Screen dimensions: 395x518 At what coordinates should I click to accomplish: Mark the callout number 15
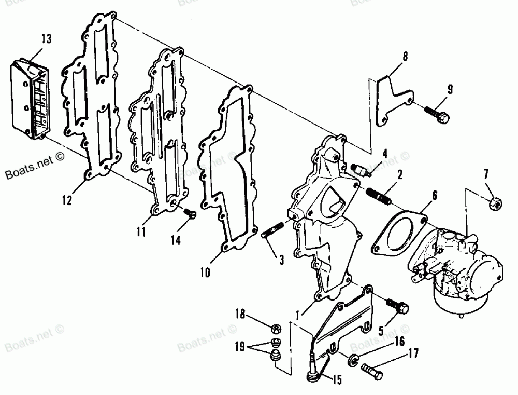(x=337, y=380)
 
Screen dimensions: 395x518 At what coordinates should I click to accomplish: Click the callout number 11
(x=140, y=231)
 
